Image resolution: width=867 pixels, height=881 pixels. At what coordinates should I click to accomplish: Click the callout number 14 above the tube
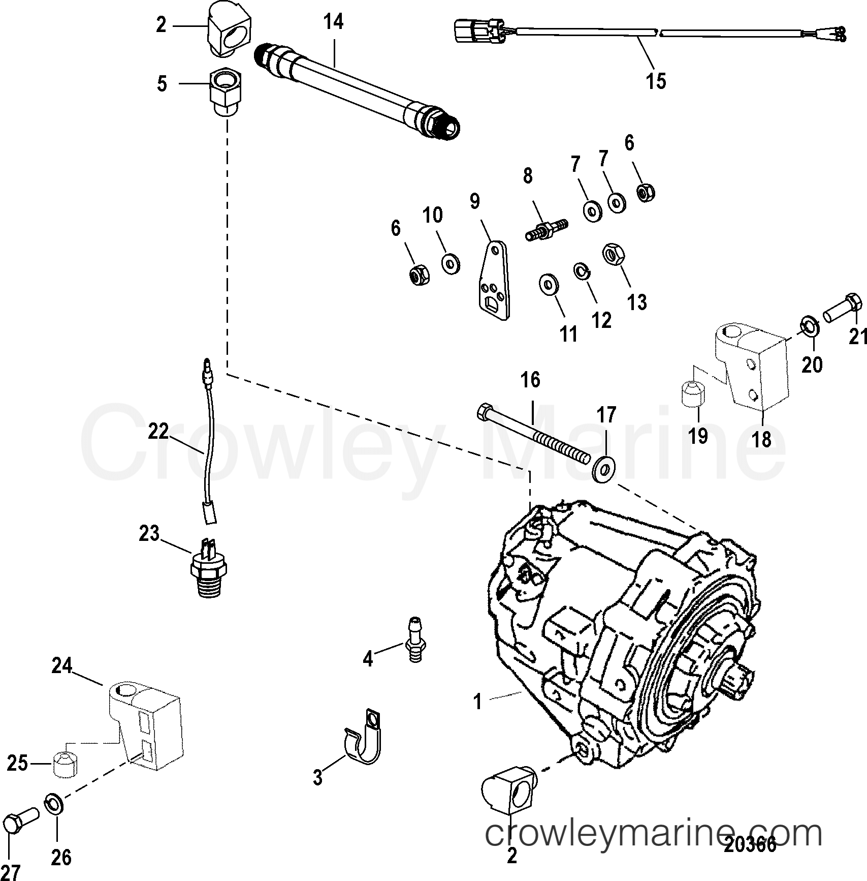[x=333, y=23]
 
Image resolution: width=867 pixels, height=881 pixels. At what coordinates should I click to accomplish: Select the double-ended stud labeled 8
[x=545, y=231]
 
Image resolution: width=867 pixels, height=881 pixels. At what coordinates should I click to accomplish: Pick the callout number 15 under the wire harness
[x=655, y=81]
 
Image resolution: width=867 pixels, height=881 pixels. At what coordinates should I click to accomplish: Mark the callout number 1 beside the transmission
[x=477, y=702]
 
